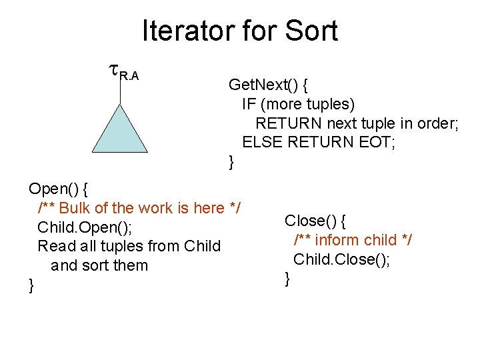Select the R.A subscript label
pyautogui.click(x=129, y=76)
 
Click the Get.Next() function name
pyautogui.click(x=262, y=85)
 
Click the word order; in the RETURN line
pyautogui.click(x=437, y=123)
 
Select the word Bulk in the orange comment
pyautogui.click(x=76, y=208)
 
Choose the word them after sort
pyautogui.click(x=131, y=265)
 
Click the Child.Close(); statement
pyautogui.click(x=341, y=259)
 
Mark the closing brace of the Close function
pyautogui.click(x=287, y=279)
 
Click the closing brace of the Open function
pyautogui.click(x=31, y=285)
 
